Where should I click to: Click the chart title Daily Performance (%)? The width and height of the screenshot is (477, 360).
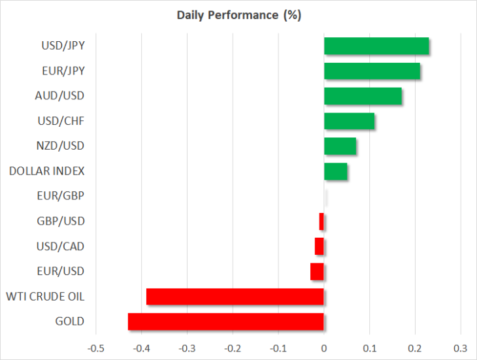(238, 15)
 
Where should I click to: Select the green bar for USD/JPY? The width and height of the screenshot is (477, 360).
(376, 46)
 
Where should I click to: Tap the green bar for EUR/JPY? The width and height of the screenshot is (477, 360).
(372, 71)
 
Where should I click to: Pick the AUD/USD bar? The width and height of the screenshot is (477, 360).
(363, 96)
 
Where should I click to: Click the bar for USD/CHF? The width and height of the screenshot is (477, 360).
(349, 121)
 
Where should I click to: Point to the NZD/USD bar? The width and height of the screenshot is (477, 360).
(340, 146)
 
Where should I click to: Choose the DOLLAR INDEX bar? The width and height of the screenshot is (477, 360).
(336, 171)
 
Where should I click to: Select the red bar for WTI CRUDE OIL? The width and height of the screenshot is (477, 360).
(235, 297)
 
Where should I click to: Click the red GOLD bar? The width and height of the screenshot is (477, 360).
(225, 321)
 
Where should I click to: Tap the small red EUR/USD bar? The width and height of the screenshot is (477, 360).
(317, 272)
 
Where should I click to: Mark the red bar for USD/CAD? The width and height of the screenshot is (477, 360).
(319, 246)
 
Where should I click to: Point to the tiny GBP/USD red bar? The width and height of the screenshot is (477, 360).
(321, 221)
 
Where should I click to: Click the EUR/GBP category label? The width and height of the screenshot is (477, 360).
(61, 196)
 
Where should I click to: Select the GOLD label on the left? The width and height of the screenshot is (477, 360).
(70, 321)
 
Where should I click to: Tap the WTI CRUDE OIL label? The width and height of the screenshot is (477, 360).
(45, 297)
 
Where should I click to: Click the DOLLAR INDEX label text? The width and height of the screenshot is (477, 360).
(46, 171)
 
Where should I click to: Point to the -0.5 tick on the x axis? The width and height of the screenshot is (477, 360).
(96, 348)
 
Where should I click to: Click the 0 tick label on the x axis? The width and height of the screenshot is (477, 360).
(324, 348)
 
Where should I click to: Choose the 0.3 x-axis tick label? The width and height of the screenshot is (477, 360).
(461, 348)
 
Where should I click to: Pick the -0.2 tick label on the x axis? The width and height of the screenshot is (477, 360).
(233, 348)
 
